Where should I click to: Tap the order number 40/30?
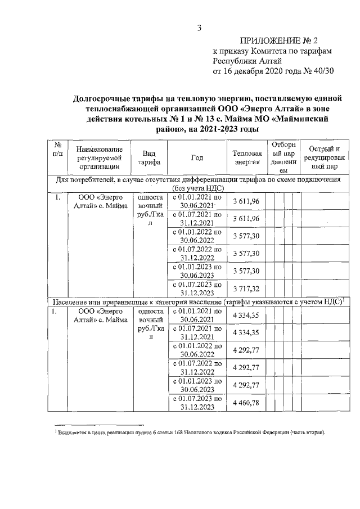[322, 71]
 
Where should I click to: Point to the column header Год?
[197, 158]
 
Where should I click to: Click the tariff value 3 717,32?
[247, 289]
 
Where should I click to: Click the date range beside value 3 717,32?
[197, 289]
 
